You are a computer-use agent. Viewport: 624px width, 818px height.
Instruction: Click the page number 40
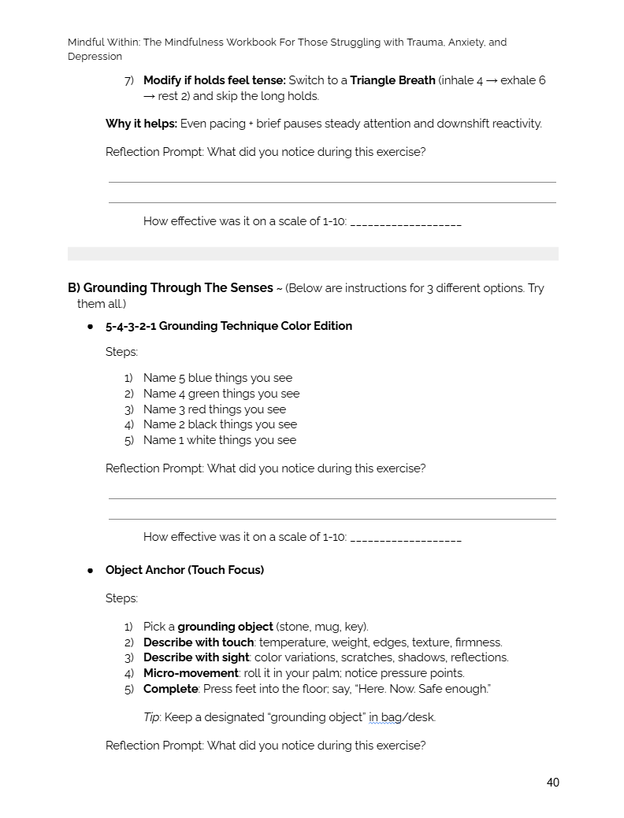(552, 783)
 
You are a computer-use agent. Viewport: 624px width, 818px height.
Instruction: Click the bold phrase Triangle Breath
(392, 80)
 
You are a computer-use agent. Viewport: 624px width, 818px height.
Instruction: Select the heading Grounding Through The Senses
(178, 288)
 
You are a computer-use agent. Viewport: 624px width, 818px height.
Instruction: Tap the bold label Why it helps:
(141, 124)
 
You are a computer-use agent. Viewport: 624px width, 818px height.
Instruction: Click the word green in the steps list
(204, 394)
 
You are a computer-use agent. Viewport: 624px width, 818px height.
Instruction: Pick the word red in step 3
(197, 409)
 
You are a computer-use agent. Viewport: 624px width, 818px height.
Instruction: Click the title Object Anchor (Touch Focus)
(184, 570)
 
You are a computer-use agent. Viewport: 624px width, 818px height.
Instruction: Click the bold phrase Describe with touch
(198, 642)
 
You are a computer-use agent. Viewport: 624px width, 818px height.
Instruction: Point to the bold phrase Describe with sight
(196, 657)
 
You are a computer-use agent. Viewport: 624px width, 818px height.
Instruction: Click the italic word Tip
(152, 717)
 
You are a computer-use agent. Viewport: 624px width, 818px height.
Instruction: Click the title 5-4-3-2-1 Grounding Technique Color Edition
(228, 326)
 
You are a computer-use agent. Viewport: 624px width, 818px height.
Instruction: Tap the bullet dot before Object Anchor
(90, 570)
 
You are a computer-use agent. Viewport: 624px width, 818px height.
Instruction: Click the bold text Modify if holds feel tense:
(214, 80)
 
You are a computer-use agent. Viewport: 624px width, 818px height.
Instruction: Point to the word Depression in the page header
(95, 57)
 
